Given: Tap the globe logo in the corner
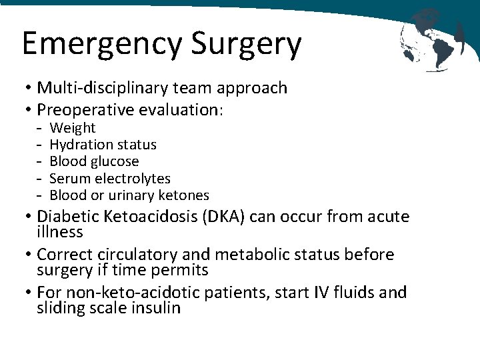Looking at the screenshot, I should [433, 39].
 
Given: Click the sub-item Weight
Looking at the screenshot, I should [73, 128].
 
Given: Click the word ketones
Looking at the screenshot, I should [184, 195].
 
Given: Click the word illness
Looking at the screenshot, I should [60, 232].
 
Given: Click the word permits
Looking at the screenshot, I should [182, 270].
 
